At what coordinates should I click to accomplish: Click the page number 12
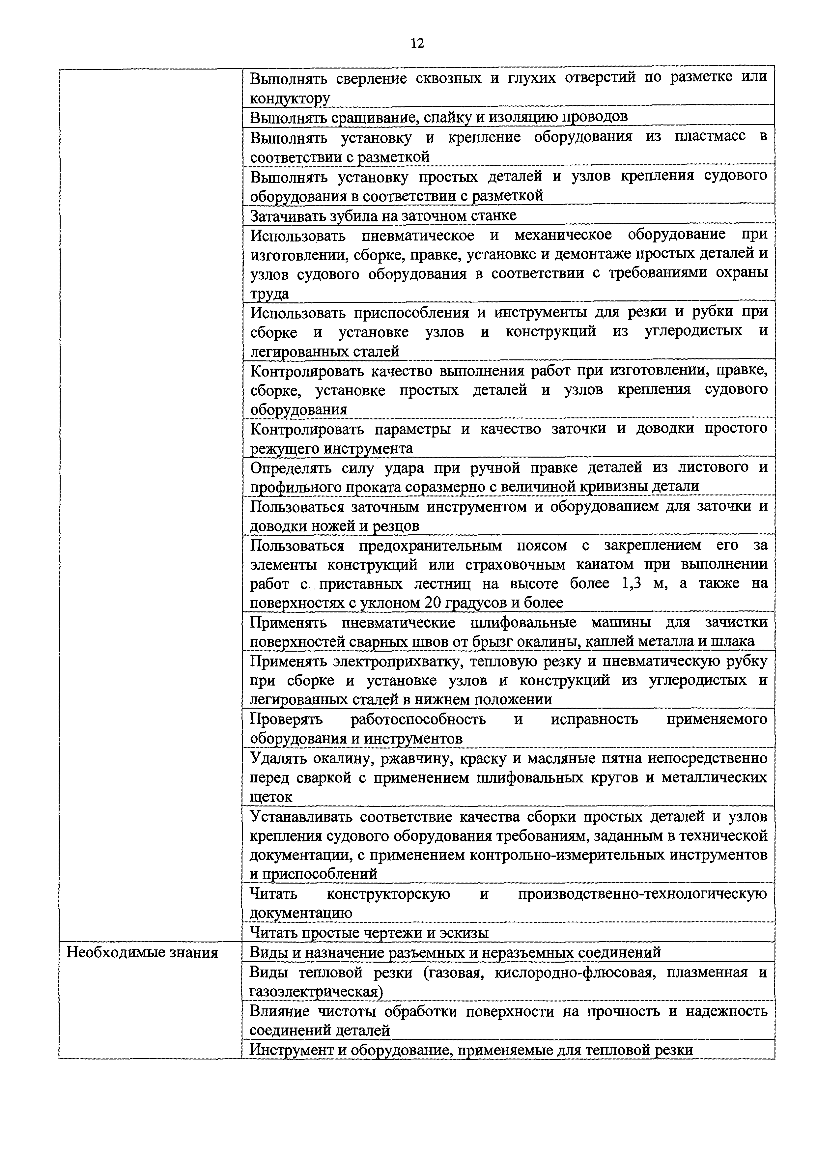click(x=417, y=43)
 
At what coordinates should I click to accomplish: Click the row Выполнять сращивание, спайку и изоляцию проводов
click(x=438, y=117)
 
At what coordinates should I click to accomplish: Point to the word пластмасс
click(x=710, y=137)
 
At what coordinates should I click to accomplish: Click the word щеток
click(x=271, y=797)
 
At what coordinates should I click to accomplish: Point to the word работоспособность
click(x=418, y=719)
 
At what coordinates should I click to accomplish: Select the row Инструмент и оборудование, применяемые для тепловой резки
click(x=471, y=1050)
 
